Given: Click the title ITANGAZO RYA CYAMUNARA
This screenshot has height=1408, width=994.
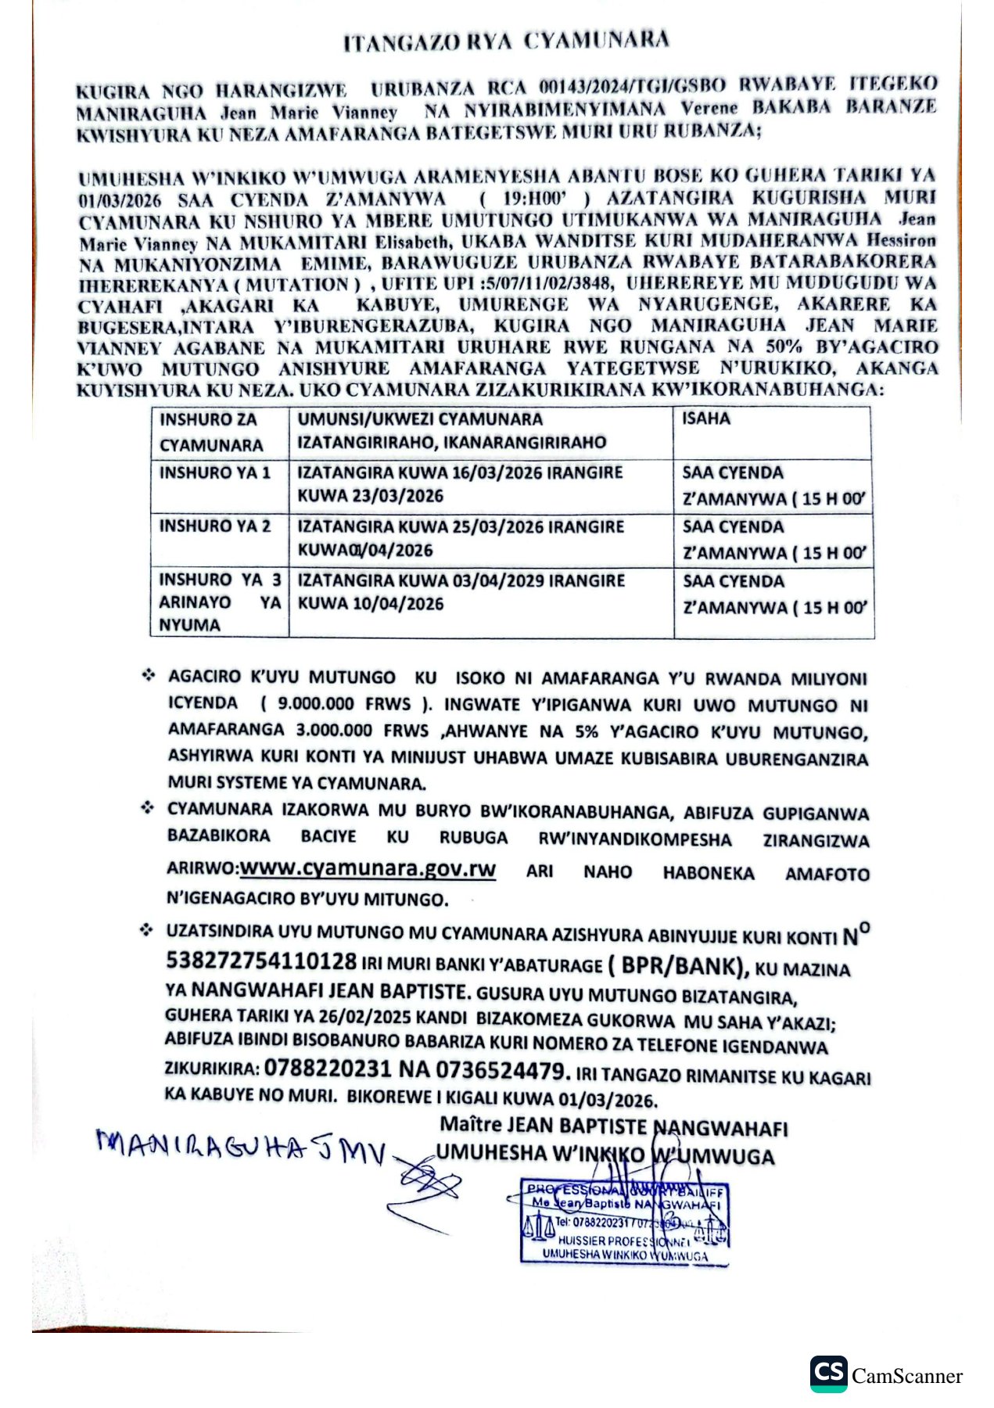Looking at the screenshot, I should (x=506, y=41).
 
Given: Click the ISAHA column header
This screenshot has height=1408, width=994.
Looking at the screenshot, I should (x=706, y=418).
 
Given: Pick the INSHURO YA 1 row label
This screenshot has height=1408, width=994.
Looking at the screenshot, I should (x=215, y=472).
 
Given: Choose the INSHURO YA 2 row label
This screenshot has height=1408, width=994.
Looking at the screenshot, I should (x=215, y=526).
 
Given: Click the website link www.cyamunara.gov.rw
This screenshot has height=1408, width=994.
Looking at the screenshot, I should (x=368, y=869).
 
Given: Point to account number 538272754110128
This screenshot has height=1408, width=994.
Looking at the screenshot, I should (x=261, y=961).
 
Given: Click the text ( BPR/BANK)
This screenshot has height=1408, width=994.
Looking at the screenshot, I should (x=677, y=967).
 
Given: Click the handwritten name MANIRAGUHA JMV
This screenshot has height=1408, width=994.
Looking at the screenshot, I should (x=241, y=1148).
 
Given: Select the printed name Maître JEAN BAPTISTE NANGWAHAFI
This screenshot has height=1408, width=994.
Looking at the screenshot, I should (x=613, y=1127).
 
